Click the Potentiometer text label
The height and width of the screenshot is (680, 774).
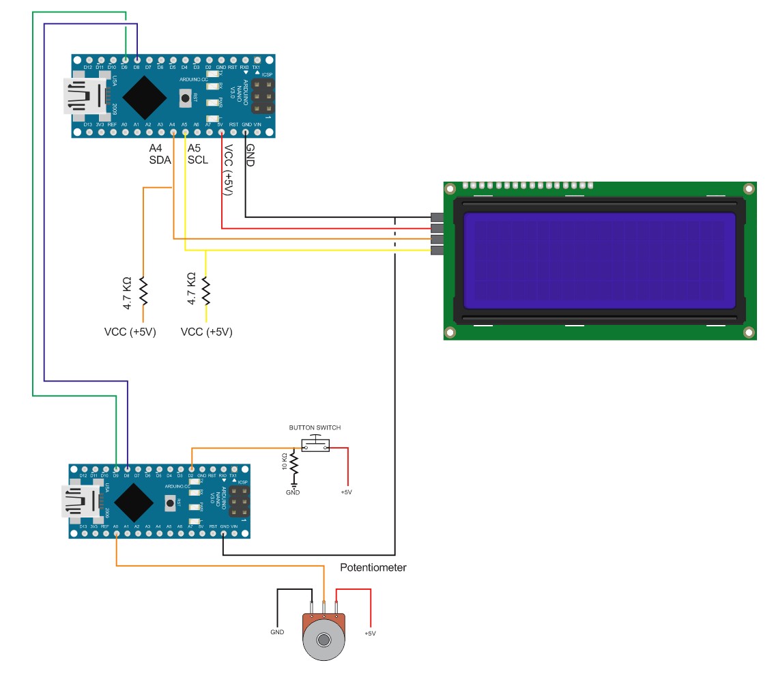pos(373,567)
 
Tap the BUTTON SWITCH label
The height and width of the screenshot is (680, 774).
pos(315,427)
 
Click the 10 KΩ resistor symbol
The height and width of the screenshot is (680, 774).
pos(294,464)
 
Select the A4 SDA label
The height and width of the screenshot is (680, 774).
pos(160,154)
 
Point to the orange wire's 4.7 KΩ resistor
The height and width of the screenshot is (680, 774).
pos(143,291)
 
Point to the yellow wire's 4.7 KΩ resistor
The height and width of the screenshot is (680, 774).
pos(206,291)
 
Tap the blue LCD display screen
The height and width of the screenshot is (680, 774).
pos(599,259)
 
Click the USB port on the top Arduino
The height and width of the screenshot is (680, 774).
pos(84,96)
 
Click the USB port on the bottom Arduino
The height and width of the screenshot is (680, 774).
pos(81,502)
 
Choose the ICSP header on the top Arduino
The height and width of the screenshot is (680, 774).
pos(262,97)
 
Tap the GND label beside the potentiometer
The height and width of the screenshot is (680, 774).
pos(277,632)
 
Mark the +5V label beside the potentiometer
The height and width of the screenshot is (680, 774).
pos(370,634)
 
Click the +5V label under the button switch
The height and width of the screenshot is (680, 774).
pos(347,492)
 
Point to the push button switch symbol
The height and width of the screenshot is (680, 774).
pos(315,445)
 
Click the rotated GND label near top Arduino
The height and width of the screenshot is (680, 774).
pos(250,156)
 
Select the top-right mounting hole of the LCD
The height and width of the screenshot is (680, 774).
pos(749,188)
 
